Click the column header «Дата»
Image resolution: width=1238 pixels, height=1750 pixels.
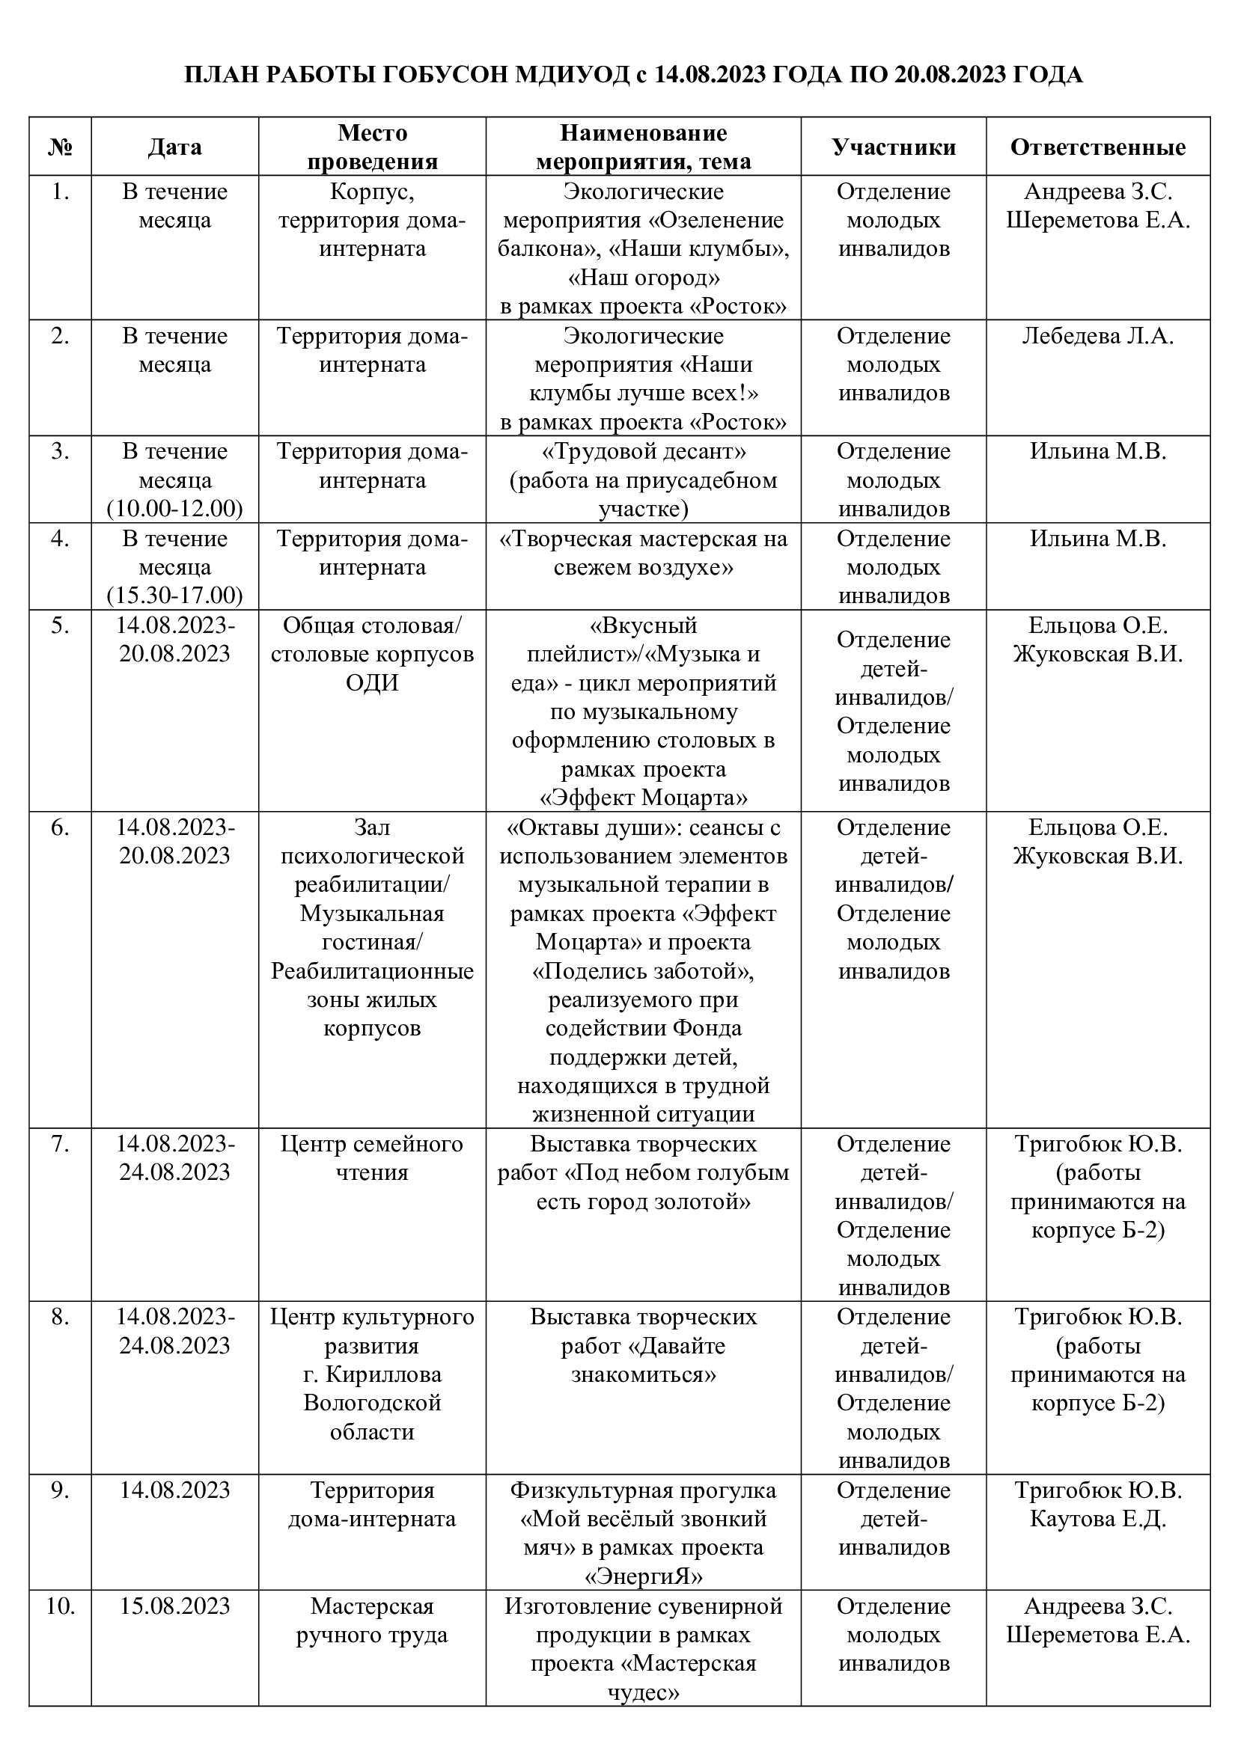(x=174, y=147)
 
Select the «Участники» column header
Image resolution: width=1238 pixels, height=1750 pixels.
(x=894, y=147)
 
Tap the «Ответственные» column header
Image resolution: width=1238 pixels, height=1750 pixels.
(x=1098, y=147)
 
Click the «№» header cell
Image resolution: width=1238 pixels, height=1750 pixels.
(x=60, y=147)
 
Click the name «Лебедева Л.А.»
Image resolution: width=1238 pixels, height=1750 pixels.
(x=1098, y=336)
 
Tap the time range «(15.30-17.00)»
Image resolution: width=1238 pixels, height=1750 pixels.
(x=174, y=596)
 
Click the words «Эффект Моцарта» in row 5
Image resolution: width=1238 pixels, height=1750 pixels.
(x=644, y=798)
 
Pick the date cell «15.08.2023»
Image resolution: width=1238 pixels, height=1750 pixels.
(x=174, y=1606)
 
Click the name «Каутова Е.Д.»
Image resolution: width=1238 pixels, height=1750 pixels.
(x=1098, y=1519)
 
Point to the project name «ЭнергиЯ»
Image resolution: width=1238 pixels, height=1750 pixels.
(x=644, y=1576)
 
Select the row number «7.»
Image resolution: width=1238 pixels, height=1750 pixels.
(x=60, y=1144)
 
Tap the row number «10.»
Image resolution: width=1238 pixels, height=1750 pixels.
(x=60, y=1606)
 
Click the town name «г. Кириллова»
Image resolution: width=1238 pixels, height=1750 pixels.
(x=372, y=1375)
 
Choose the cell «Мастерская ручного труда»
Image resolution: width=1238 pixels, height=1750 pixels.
(x=372, y=1621)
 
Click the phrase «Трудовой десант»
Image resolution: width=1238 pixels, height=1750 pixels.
(x=644, y=452)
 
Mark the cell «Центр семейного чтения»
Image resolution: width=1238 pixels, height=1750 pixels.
(x=372, y=1157)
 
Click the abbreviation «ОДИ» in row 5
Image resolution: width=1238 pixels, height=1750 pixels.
(x=372, y=683)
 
